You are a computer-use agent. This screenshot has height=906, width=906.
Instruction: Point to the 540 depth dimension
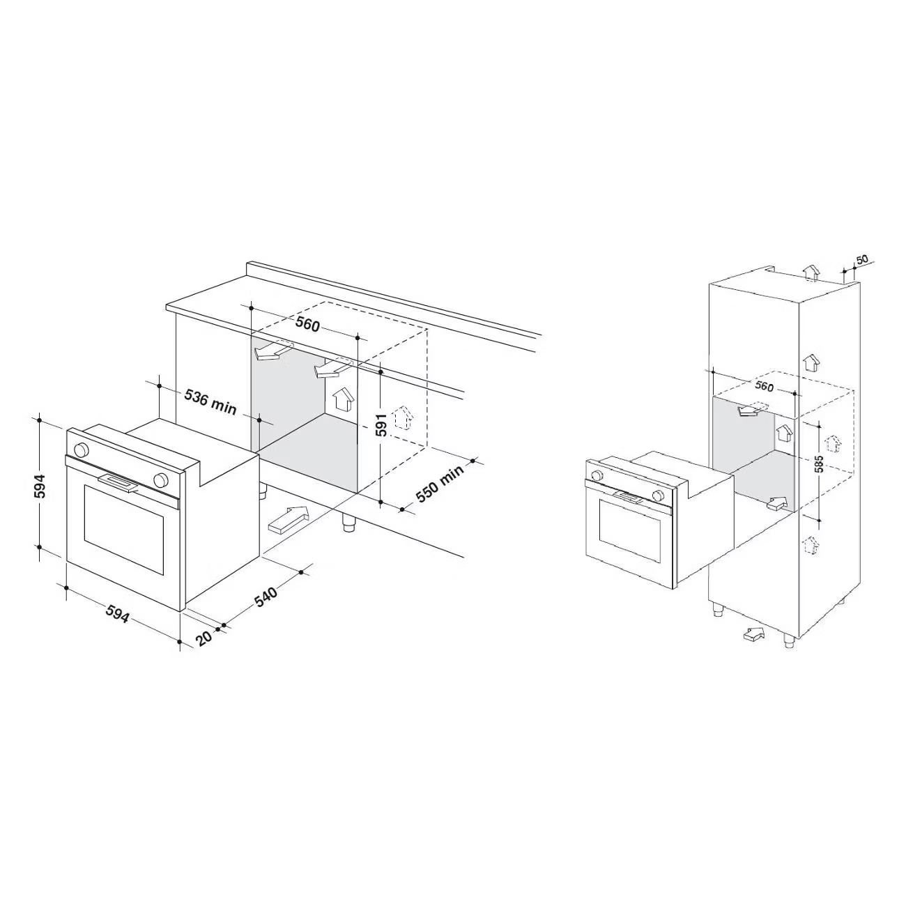[266, 597]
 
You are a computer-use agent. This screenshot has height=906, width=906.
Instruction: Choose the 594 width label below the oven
[116, 613]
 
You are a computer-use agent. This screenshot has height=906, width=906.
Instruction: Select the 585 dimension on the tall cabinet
[820, 464]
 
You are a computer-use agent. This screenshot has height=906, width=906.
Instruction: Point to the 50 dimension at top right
[862, 259]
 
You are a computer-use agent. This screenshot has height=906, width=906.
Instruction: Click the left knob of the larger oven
[82, 450]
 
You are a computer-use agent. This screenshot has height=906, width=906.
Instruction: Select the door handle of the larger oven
[118, 482]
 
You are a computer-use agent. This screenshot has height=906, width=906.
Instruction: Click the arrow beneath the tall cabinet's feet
[753, 634]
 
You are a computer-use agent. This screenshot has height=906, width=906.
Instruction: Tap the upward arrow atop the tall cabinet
[811, 272]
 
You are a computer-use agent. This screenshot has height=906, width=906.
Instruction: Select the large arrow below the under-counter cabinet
[288, 519]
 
